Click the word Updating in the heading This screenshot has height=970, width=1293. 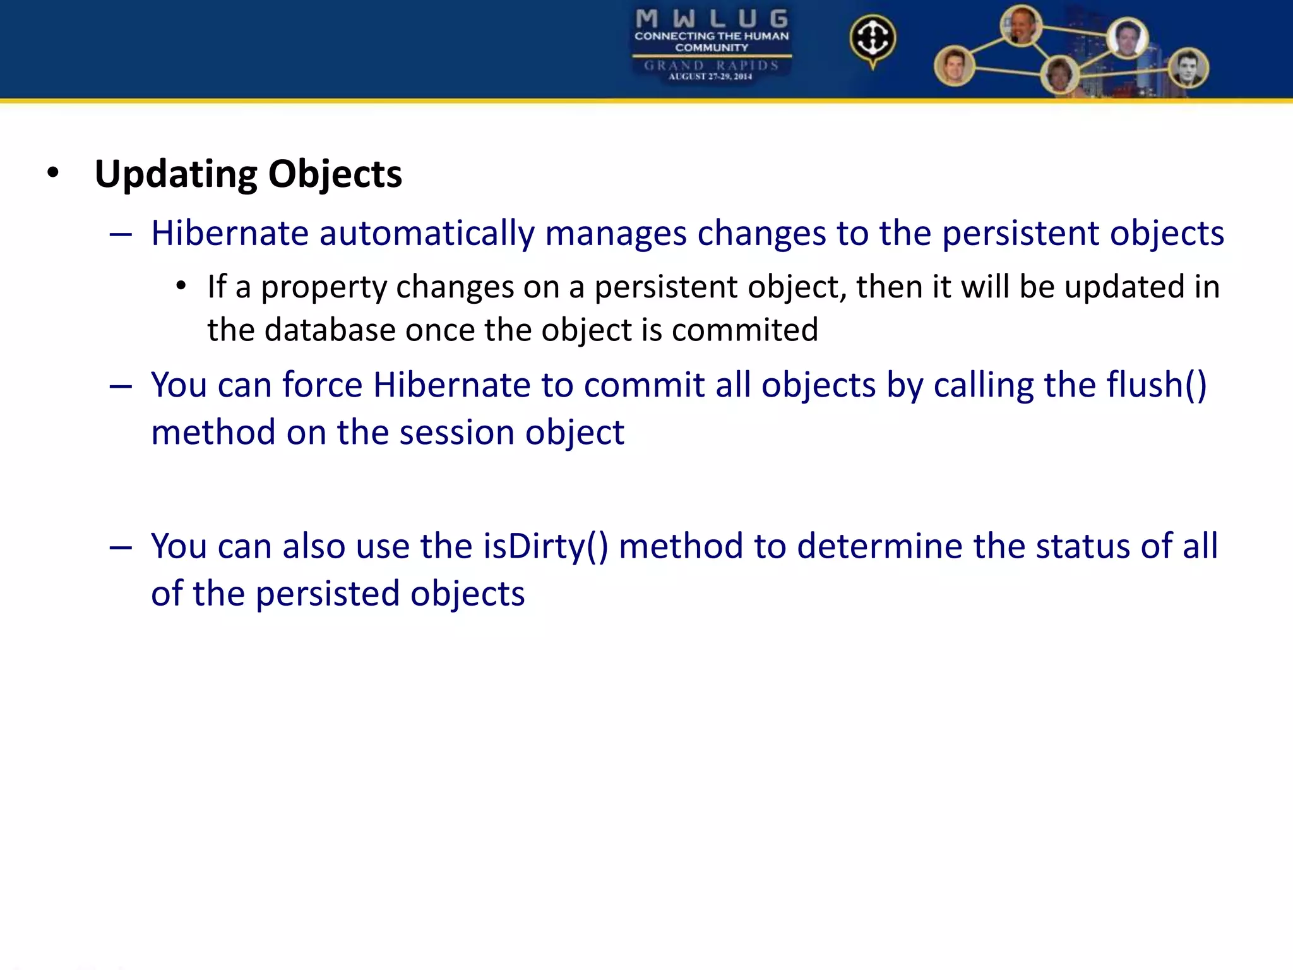pos(176,174)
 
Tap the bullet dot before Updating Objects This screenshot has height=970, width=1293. pos(53,172)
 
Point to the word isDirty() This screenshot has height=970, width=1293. pos(545,546)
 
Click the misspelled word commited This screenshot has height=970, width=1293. pos(744,330)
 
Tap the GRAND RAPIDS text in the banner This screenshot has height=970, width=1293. pos(712,65)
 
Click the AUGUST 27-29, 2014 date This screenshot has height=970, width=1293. pos(710,77)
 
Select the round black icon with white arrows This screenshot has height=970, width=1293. pos(872,38)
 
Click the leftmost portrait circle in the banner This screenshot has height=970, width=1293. pos(954,66)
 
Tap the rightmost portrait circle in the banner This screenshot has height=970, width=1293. pos(1188,68)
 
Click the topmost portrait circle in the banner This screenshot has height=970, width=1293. pos(1021,25)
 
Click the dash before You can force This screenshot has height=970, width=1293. pos(121,386)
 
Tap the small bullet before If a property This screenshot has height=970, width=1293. pos(181,287)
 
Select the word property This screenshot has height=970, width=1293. pos(324,288)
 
